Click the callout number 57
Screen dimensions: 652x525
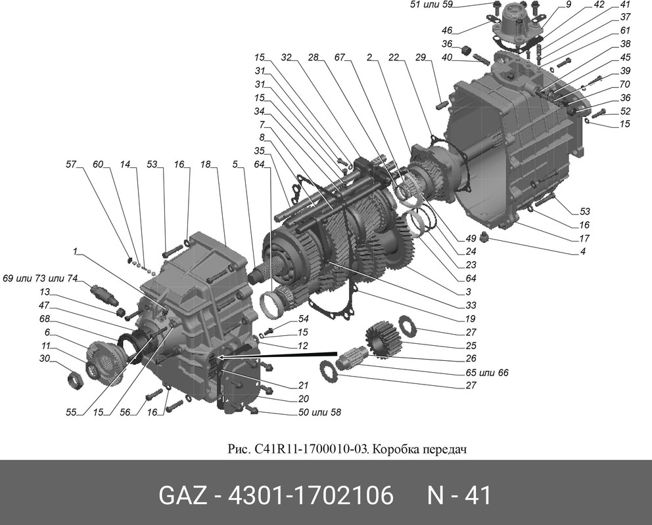click(71, 164)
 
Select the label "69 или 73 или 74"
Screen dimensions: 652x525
click(41, 278)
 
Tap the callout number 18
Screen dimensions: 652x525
click(206, 164)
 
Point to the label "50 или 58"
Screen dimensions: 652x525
click(320, 412)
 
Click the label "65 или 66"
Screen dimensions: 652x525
click(487, 373)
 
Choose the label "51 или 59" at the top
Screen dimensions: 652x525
click(431, 5)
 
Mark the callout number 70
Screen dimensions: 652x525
click(625, 84)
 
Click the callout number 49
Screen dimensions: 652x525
click(471, 238)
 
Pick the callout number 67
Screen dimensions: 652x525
click(340, 57)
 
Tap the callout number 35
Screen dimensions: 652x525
click(259, 151)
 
